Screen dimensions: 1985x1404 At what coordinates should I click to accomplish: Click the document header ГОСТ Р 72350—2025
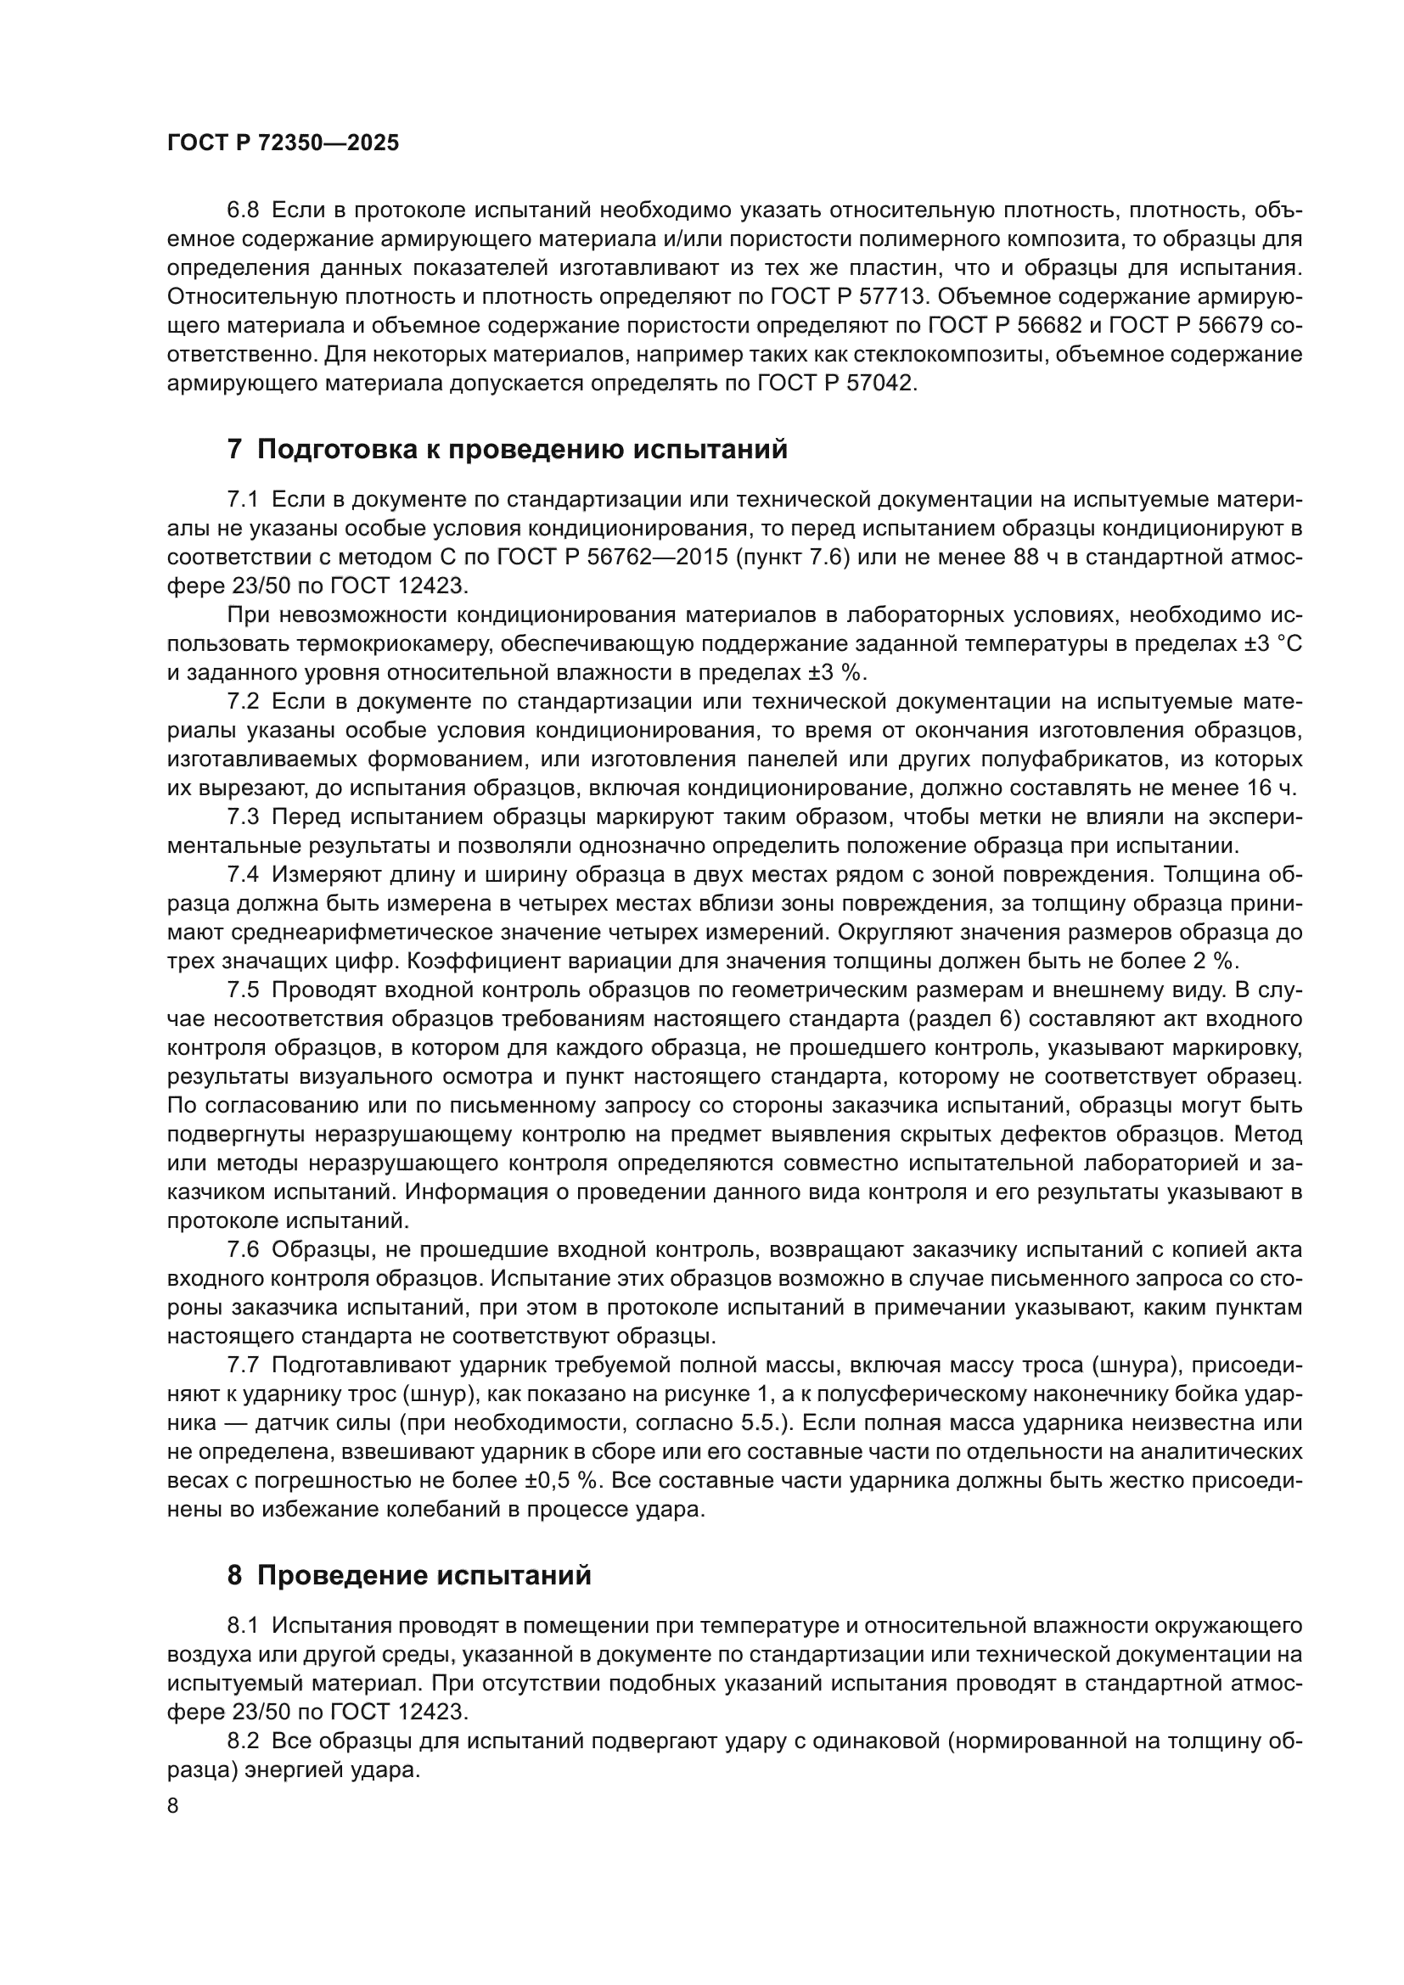tap(283, 143)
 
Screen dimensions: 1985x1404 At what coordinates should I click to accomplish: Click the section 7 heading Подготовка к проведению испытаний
tap(508, 450)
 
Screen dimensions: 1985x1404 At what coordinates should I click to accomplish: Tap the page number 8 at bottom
tap(173, 1806)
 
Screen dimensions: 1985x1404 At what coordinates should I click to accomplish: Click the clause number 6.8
tap(243, 210)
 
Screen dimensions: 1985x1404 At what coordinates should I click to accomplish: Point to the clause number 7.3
tap(243, 817)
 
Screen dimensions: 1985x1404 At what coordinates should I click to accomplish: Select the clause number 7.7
tap(243, 1365)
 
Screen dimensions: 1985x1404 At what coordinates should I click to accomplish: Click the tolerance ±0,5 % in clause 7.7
tap(562, 1480)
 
